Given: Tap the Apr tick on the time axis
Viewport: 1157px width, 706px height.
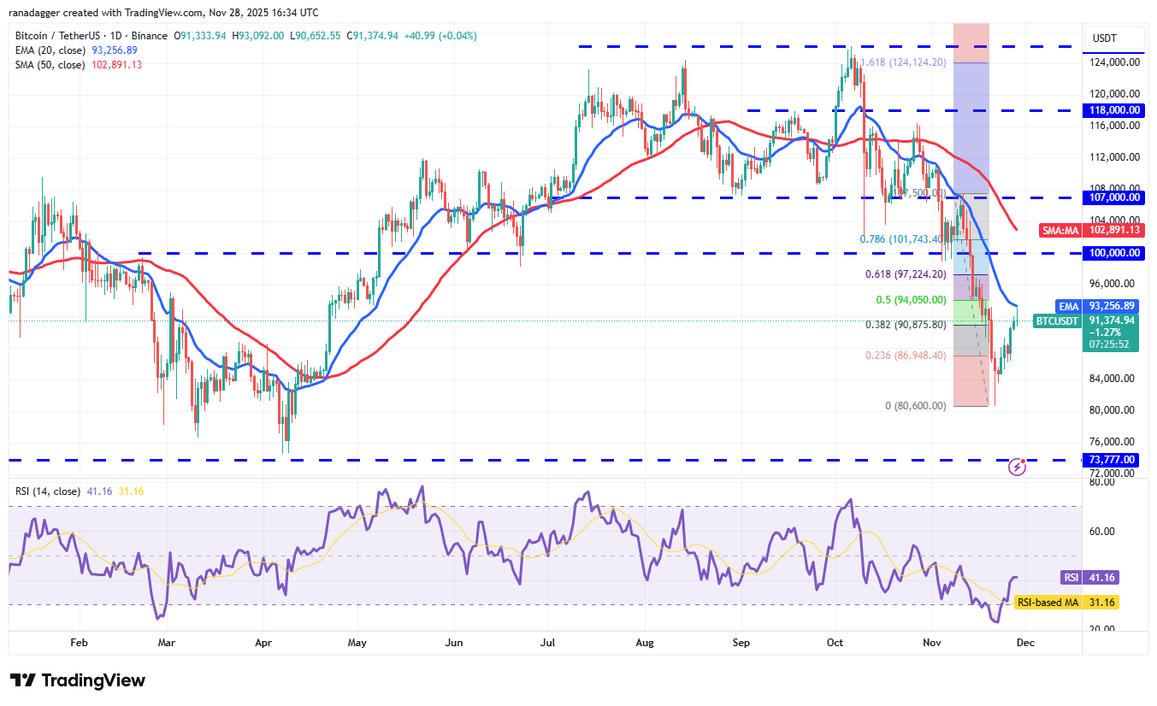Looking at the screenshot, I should coord(263,642).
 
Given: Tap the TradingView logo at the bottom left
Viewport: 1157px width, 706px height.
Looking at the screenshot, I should coord(78,680).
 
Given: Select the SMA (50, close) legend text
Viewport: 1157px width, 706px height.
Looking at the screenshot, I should coord(50,64).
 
